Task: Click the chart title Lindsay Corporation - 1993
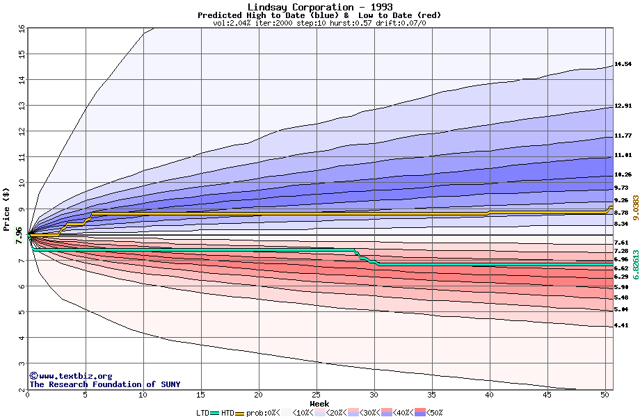pos(319,7)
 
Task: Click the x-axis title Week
pos(319,404)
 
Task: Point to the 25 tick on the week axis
pos(316,395)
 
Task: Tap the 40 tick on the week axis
pos(489,395)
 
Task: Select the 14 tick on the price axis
pos(22,80)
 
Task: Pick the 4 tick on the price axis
pos(22,338)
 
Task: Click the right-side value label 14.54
pos(623,64)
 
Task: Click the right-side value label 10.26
pos(623,174)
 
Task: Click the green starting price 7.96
pos(18,236)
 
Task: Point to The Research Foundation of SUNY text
pos(104,384)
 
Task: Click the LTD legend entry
pos(204,413)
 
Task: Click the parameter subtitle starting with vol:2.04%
pos(319,23)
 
